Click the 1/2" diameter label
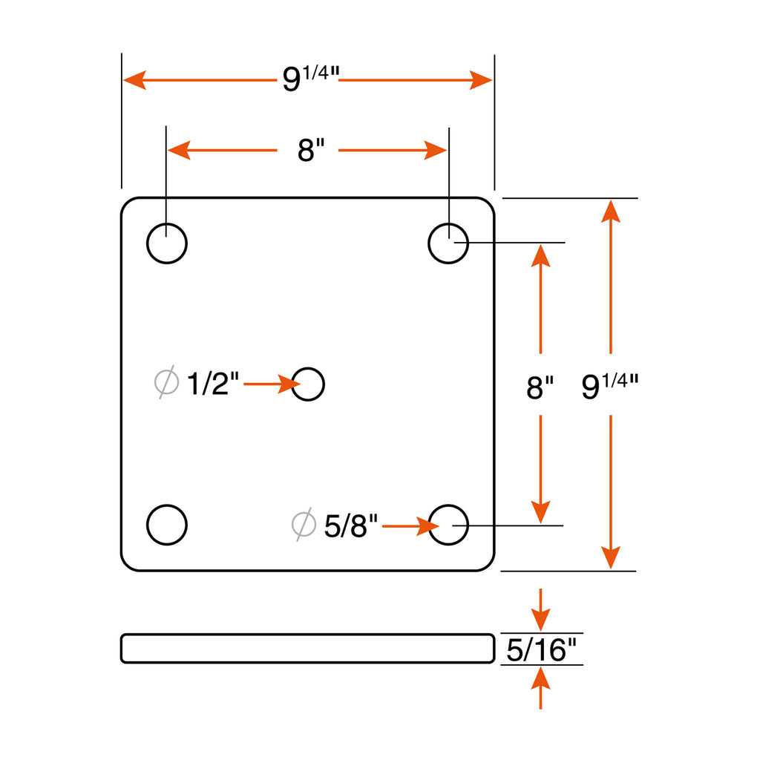(x=213, y=384)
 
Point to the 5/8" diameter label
(x=350, y=525)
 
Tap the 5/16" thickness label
(x=541, y=650)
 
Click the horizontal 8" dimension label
(x=311, y=150)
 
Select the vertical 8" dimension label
(x=540, y=387)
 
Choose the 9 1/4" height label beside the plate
(x=610, y=386)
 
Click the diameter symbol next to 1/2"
(x=166, y=382)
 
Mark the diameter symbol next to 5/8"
(x=304, y=524)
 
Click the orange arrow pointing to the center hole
(x=272, y=384)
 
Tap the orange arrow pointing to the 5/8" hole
(x=410, y=526)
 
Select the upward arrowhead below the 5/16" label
(x=540, y=678)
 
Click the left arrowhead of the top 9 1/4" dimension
(x=135, y=80)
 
